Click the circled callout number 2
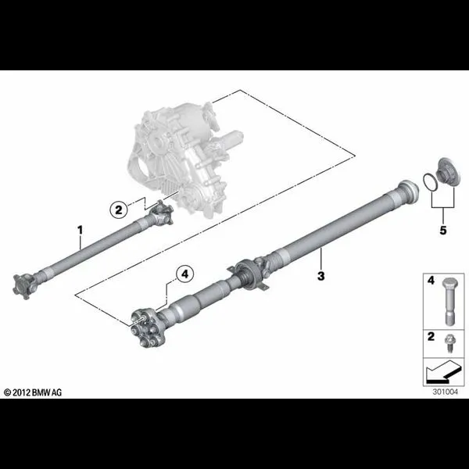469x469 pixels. pos(119,209)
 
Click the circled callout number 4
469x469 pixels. pos(184,274)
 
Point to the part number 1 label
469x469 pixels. pos(80,230)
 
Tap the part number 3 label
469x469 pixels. pos(321,276)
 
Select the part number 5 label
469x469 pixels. pos(443,231)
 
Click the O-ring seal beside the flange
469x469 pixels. pos(430,181)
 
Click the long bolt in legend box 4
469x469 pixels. pos(448,301)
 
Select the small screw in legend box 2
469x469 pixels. pos(448,343)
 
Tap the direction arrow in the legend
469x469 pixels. pos(442,372)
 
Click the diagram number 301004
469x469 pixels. pos(445,392)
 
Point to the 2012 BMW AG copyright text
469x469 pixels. pos(33,392)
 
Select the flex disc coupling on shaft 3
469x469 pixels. pos(148,329)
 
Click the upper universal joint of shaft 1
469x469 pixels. pos(160,213)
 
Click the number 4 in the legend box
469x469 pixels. pos(431,281)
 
